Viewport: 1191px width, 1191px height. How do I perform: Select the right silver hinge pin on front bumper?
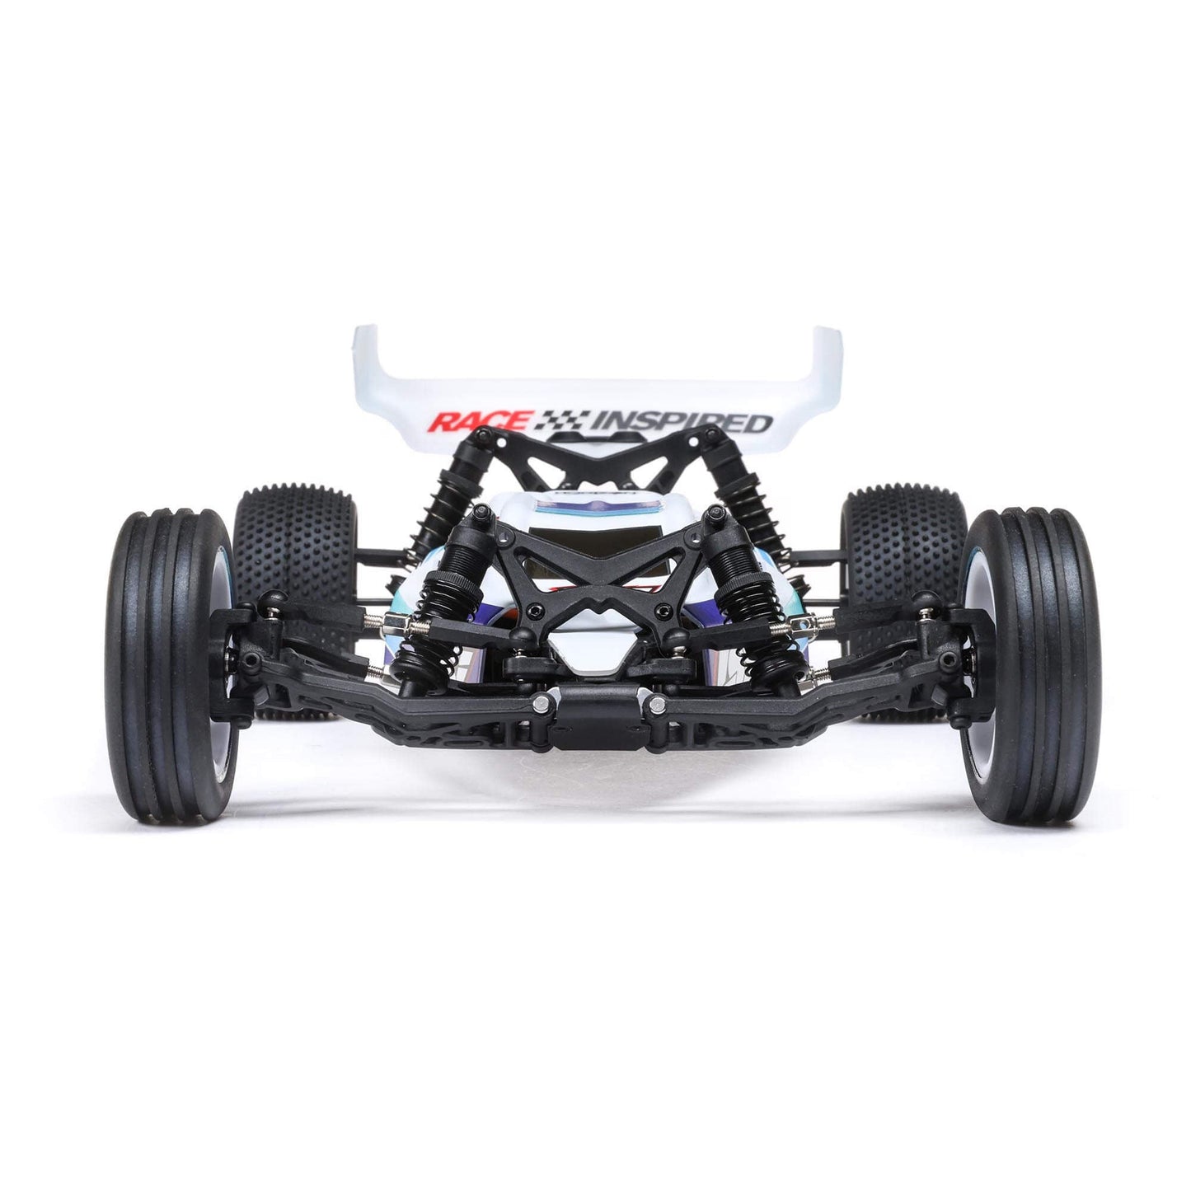point(657,703)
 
